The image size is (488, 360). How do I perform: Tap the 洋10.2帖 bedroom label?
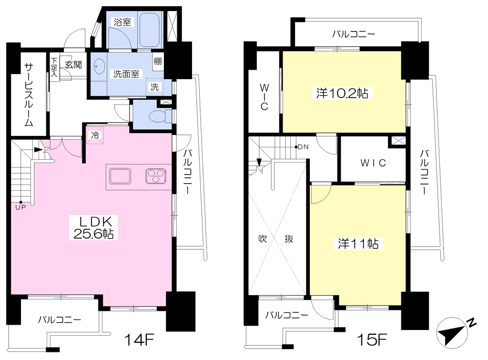pyautogui.click(x=342, y=93)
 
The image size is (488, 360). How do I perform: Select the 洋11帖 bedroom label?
pyautogui.click(x=358, y=244)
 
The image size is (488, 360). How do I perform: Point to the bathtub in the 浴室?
pyautogui.click(x=149, y=30)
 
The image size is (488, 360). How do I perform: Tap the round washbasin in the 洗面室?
pyautogui.click(x=99, y=66)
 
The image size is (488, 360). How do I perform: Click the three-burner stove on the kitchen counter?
pyautogui.click(x=156, y=176)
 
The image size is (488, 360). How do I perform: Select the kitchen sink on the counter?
pyautogui.click(x=120, y=176)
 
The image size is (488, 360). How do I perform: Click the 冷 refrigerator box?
pyautogui.click(x=95, y=135)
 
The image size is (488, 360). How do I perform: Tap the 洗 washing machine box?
pyautogui.click(x=155, y=87)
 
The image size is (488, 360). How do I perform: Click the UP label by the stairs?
pyautogui.click(x=20, y=207)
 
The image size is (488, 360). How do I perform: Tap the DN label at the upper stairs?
pyautogui.click(x=303, y=147)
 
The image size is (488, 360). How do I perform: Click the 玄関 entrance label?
pyautogui.click(x=73, y=64)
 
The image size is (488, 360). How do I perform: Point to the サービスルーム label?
pyautogui.click(x=29, y=94)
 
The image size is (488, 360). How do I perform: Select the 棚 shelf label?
pyautogui.click(x=157, y=61)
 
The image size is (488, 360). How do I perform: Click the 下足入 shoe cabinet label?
pyautogui.click(x=54, y=67)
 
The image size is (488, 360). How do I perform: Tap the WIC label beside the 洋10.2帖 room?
pyautogui.click(x=264, y=97)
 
